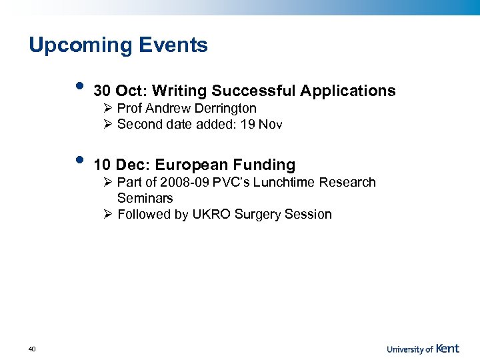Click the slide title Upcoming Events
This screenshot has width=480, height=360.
click(118, 45)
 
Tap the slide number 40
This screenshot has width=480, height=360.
click(33, 349)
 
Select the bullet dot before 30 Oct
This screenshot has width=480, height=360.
click(80, 86)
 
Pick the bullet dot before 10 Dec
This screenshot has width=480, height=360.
click(80, 160)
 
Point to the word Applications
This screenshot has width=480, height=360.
click(347, 91)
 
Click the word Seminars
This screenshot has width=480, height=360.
click(145, 198)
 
